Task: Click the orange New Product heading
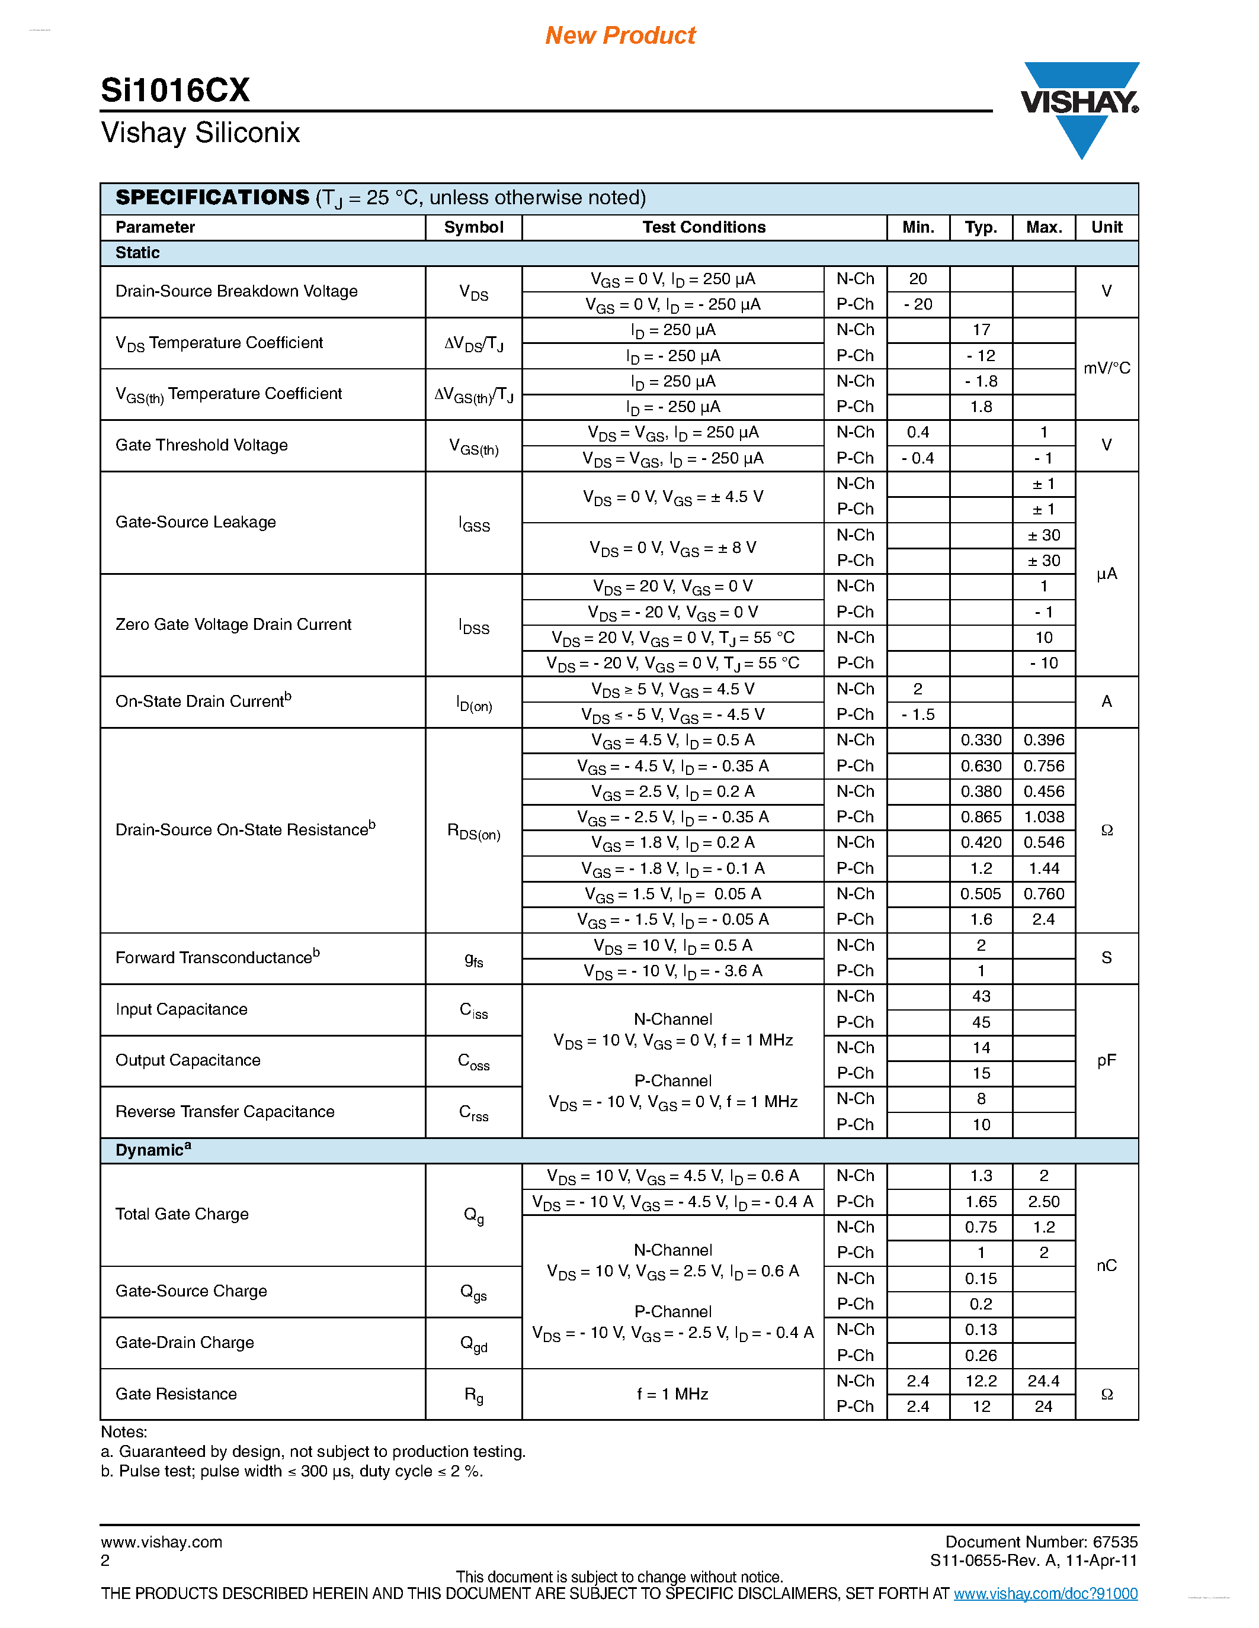tap(620, 35)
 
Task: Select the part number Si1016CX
tap(175, 90)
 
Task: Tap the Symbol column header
tap(473, 227)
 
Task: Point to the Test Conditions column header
tap(703, 227)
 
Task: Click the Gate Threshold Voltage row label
tap(201, 445)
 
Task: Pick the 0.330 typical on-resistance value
tap(981, 740)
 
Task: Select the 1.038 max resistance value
tap(1043, 817)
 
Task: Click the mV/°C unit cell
tap(1107, 368)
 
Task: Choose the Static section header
tap(137, 253)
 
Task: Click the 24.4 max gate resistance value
tap(1043, 1381)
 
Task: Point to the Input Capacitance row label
tap(181, 1009)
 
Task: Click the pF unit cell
tap(1107, 1060)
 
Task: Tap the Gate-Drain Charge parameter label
tap(184, 1343)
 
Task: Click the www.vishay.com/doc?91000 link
tap(1046, 1594)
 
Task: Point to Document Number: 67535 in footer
tap(1041, 1542)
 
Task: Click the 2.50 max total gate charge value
tap(1043, 1202)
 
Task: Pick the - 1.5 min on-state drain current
tap(918, 715)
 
